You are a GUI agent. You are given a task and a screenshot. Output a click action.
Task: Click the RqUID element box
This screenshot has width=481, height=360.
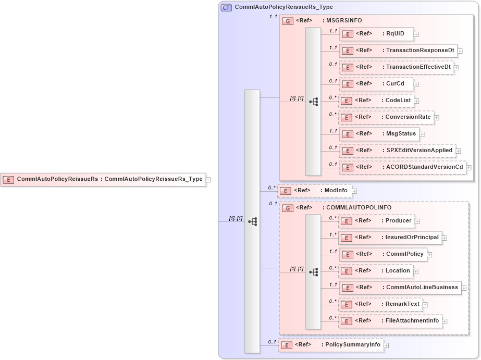(x=376, y=34)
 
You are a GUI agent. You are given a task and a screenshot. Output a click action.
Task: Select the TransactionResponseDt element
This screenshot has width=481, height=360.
(x=398, y=51)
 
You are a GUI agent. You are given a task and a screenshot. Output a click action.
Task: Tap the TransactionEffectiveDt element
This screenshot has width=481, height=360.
(x=396, y=67)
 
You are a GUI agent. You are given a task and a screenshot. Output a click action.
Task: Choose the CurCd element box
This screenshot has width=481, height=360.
(x=376, y=84)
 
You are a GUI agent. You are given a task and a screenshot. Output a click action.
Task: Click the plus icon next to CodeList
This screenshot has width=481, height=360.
(x=417, y=101)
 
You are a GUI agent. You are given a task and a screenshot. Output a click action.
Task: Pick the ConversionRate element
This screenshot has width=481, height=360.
(x=386, y=117)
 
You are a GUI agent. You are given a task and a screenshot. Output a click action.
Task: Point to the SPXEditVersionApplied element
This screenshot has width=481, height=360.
(x=397, y=151)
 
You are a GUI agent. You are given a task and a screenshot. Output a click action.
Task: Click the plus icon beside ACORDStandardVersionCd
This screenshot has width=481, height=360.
(x=469, y=168)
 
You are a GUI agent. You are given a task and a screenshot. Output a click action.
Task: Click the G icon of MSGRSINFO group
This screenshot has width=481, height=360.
(x=287, y=21)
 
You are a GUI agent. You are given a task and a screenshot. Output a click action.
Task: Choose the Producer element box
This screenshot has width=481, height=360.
(x=377, y=221)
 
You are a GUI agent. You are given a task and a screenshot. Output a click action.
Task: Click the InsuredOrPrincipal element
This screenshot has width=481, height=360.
(x=390, y=238)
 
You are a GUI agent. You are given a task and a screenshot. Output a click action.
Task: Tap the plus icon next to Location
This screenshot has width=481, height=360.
(x=416, y=271)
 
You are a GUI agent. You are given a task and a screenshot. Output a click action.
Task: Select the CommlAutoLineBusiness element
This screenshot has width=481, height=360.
(x=400, y=288)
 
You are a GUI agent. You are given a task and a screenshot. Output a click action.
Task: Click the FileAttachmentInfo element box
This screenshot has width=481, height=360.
(x=390, y=321)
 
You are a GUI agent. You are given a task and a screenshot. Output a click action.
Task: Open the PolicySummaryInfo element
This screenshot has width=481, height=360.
(x=330, y=344)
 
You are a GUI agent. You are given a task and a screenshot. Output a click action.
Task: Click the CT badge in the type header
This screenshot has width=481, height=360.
(x=227, y=8)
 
